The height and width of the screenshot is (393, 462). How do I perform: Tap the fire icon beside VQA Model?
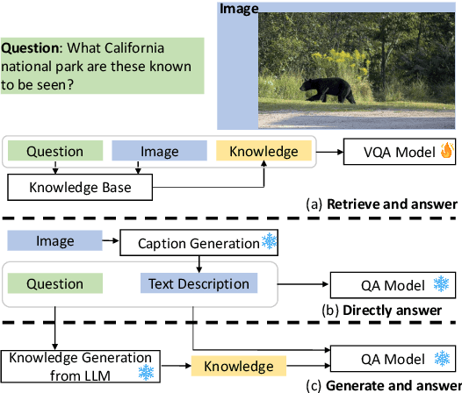point(445,152)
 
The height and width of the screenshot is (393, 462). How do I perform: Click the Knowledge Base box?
point(80,185)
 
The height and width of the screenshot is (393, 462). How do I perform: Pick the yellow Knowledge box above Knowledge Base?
point(263,152)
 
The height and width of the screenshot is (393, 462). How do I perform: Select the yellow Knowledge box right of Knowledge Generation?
point(233,365)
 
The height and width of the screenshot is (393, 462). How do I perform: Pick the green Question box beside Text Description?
point(54,283)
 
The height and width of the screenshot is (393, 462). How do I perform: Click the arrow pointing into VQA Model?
point(329,152)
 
